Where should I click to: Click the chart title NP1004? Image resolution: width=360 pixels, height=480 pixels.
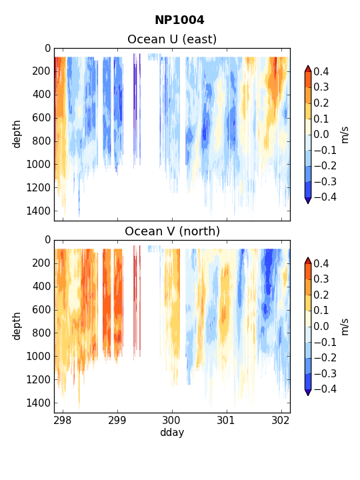pyautogui.click(x=179, y=20)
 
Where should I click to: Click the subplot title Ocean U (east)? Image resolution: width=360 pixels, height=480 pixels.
pyautogui.click(x=172, y=39)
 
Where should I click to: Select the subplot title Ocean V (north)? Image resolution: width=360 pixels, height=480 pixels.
pyautogui.click(x=173, y=231)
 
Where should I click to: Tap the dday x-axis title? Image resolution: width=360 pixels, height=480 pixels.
pyautogui.click(x=172, y=433)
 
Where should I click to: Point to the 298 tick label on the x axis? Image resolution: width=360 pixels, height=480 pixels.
pyautogui.click(x=63, y=421)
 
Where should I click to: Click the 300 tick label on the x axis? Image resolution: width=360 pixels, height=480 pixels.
pyautogui.click(x=172, y=421)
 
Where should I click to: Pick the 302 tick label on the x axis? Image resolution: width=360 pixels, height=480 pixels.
pyautogui.click(x=281, y=421)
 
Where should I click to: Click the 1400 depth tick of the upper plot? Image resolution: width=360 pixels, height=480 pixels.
pyautogui.click(x=38, y=211)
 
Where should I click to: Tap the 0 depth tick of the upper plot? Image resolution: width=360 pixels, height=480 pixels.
pyautogui.click(x=48, y=49)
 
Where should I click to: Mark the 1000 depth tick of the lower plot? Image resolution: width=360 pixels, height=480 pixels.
pyautogui.click(x=38, y=356)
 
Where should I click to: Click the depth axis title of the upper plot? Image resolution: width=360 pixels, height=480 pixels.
pyautogui.click(x=17, y=134)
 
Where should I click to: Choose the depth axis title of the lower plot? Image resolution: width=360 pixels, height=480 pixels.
pyautogui.click(x=17, y=326)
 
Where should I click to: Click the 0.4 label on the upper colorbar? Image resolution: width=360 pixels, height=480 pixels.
pyautogui.click(x=321, y=71)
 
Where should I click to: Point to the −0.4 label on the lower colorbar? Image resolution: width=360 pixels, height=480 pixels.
pyautogui.click(x=325, y=389)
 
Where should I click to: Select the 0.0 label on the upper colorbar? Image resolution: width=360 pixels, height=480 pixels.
pyautogui.click(x=321, y=135)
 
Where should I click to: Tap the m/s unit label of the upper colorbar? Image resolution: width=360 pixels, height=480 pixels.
pyautogui.click(x=345, y=135)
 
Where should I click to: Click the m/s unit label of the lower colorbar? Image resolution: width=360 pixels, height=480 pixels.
pyautogui.click(x=345, y=327)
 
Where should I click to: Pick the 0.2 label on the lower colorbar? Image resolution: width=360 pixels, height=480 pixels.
pyautogui.click(x=321, y=295)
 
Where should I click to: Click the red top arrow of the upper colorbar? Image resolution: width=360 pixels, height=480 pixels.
pyautogui.click(x=308, y=69)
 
